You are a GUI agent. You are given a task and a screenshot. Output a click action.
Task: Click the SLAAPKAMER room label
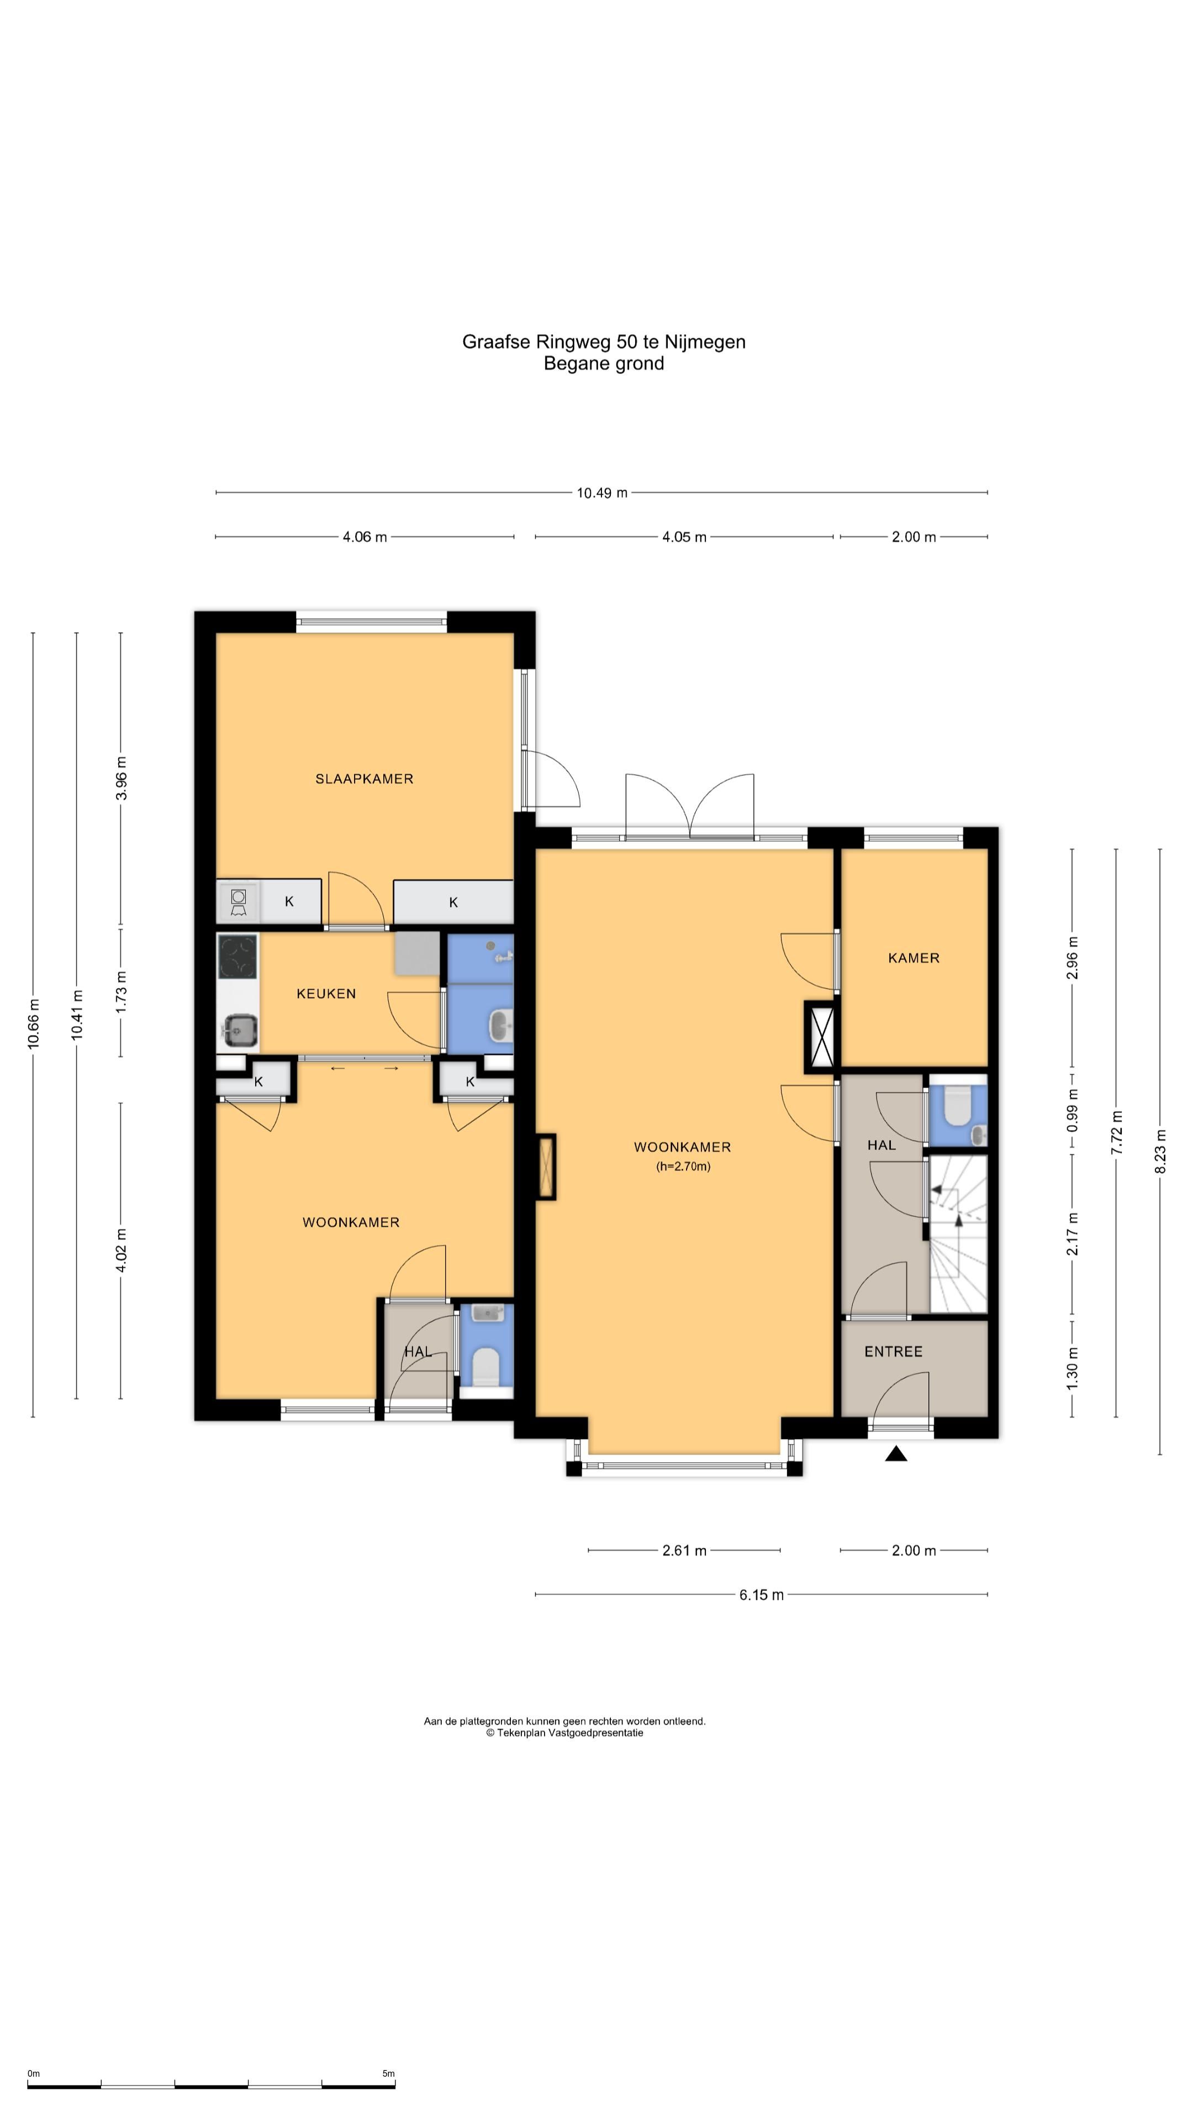[x=364, y=779]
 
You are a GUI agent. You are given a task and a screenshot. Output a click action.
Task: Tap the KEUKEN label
[x=326, y=994]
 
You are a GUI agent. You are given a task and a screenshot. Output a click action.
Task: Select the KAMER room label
[x=913, y=958]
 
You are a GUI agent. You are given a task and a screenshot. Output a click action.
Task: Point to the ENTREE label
[x=893, y=1351]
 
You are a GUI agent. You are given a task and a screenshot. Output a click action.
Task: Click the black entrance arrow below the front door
[x=896, y=1454]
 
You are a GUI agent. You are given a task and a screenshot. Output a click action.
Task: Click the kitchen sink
[x=240, y=1029]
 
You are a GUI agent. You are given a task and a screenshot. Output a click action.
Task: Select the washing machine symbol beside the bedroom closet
[x=239, y=902]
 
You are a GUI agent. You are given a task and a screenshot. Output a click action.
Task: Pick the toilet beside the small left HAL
[x=487, y=1365]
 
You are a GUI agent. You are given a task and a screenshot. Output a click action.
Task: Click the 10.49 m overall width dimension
[x=602, y=492]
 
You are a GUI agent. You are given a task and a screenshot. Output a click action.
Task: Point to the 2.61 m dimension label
[x=684, y=1550]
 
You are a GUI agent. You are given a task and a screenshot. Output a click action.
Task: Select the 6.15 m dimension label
[x=761, y=1595]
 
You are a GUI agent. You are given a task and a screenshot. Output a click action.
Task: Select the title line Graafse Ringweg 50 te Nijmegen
[x=604, y=342]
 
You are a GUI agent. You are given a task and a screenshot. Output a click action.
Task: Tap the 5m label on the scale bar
[x=389, y=2073]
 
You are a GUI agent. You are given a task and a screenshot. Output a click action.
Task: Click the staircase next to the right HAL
[x=958, y=1234]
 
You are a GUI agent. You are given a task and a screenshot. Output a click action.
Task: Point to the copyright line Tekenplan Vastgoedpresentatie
[x=565, y=1732]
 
